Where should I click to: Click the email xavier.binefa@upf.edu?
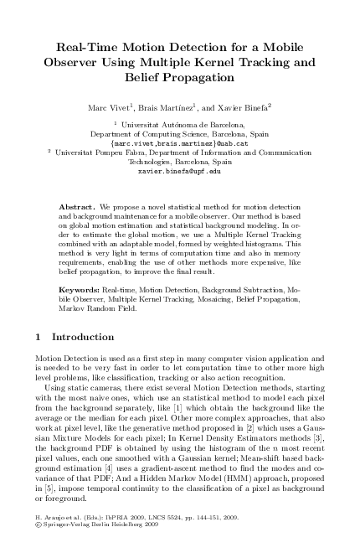coord(179,169)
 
